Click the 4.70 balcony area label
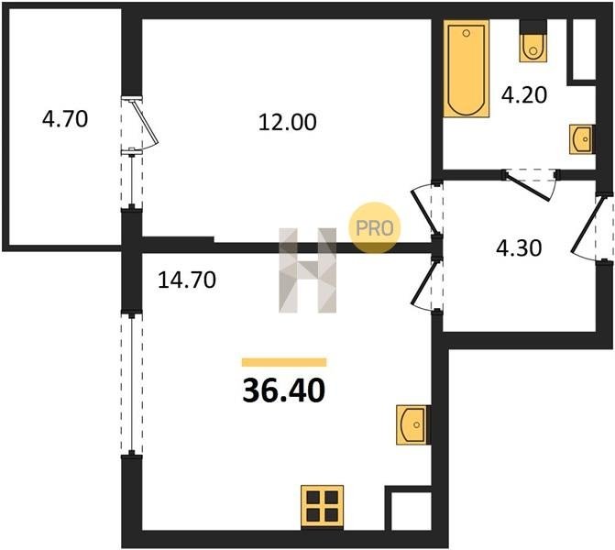[65, 119]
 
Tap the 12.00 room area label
[288, 123]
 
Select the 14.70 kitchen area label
[187, 280]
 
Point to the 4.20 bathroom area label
[524, 95]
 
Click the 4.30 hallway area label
[519, 247]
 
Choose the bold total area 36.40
[284, 391]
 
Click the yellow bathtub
[467, 69]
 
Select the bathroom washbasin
[582, 139]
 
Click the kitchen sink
[413, 424]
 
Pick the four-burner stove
[322, 508]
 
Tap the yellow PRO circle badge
[375, 228]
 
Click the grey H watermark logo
[308, 270]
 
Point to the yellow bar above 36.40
[284, 362]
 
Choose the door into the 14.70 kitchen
[425, 284]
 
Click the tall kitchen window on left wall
[132, 384]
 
